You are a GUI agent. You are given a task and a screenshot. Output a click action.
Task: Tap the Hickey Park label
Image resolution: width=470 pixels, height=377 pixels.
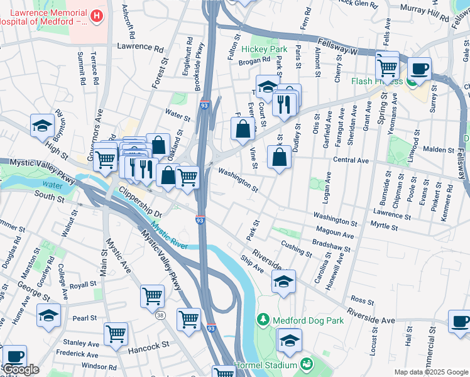pos(269,49)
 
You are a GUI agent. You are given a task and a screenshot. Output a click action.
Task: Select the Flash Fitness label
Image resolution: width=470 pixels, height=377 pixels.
pos(377,81)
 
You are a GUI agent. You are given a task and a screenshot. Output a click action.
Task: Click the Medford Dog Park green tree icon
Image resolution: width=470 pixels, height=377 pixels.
pos(263,320)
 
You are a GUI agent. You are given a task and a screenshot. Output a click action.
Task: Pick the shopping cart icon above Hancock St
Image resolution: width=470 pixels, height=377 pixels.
pos(116,334)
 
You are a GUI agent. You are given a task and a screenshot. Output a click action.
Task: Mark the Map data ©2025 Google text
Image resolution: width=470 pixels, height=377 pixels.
pos(431,372)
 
